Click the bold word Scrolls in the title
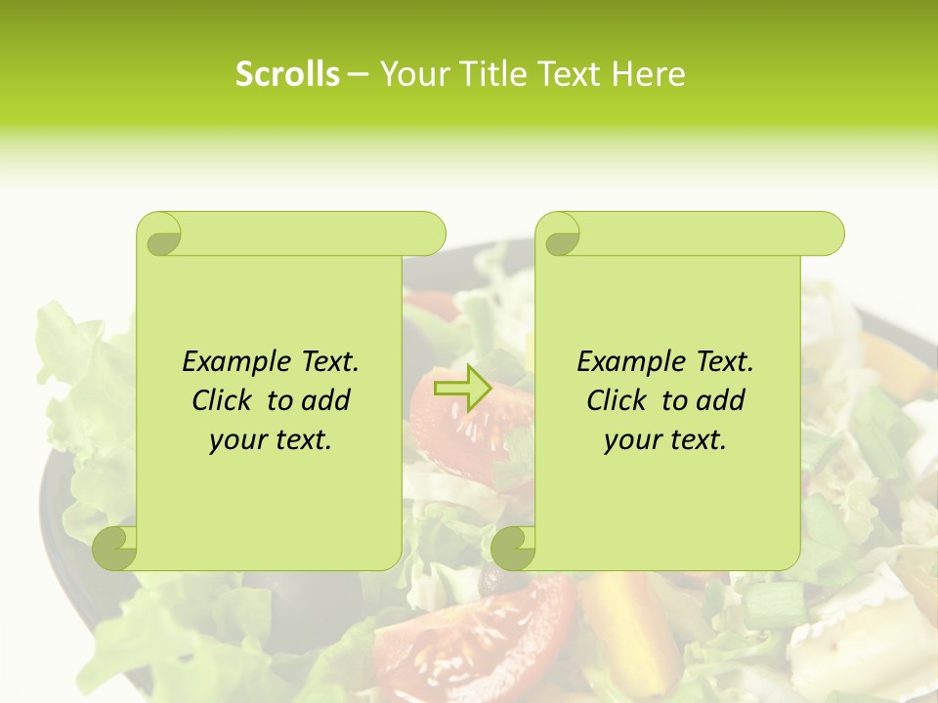287,74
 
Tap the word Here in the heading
649,74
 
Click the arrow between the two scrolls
462,388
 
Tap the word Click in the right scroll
618,400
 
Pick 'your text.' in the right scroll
665,439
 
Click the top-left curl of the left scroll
160,234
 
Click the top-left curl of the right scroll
559,234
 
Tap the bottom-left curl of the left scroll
115,547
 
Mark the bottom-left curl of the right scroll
514,547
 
